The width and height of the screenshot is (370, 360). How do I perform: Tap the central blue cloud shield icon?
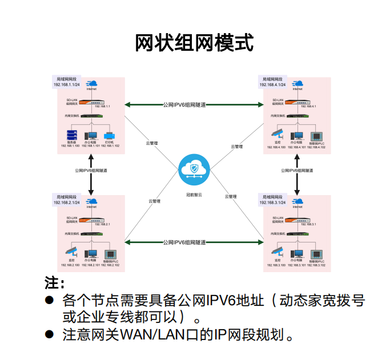tap(194, 169)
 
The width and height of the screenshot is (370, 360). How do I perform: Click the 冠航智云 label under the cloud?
tap(194, 195)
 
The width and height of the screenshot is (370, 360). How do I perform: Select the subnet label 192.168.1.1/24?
tap(66, 84)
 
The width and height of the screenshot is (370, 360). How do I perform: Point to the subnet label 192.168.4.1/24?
tap(272, 84)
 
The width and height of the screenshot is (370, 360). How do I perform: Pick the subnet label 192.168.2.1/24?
tap(66, 203)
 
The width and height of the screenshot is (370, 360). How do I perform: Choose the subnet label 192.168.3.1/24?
tap(272, 203)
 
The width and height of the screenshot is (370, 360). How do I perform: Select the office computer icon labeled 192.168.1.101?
tap(91, 136)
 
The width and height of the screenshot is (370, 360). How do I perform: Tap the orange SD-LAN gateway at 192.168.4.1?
tap(297, 103)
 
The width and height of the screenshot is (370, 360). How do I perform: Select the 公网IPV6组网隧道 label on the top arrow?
tap(184, 105)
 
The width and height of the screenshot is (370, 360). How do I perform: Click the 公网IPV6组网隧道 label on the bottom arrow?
tap(184, 242)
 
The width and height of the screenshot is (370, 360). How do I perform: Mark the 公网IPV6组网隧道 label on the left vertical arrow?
tap(91, 170)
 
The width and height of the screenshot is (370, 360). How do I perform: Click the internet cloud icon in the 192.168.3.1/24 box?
tap(297, 201)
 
